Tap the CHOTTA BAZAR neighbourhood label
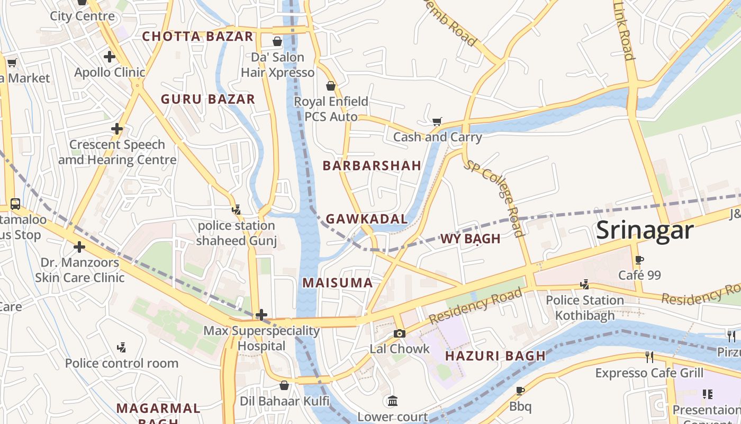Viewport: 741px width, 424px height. point(198,37)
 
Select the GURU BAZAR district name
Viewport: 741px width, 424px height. point(208,99)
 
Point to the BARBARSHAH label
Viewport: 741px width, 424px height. point(372,165)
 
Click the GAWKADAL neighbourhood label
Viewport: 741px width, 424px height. point(367,219)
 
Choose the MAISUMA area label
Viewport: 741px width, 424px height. point(338,283)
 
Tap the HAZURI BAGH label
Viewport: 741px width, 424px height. point(495,356)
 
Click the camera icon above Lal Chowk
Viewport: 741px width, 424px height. point(400,333)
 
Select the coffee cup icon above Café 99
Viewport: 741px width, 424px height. point(639,260)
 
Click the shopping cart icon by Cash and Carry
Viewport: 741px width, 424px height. point(437,122)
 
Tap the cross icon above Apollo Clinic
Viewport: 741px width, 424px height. point(110,56)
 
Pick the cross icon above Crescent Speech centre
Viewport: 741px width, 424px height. point(117,129)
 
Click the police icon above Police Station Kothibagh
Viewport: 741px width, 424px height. point(585,285)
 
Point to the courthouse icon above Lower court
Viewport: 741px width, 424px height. point(392,401)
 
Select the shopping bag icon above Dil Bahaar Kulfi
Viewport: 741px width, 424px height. point(284,385)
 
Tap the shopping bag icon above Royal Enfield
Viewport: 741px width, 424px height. point(331,86)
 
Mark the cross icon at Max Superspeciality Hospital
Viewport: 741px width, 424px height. point(261,315)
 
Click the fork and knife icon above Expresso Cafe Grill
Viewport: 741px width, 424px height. point(649,357)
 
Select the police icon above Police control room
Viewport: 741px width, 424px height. point(122,348)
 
